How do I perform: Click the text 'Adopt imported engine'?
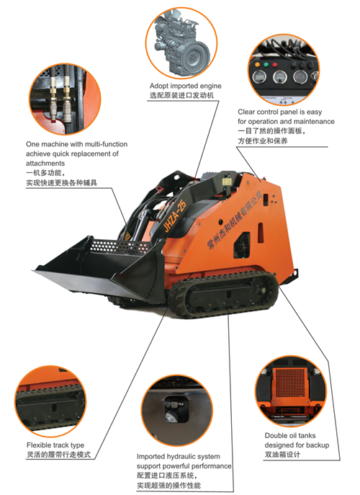click(185, 86)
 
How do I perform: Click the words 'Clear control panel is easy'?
click(284, 112)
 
